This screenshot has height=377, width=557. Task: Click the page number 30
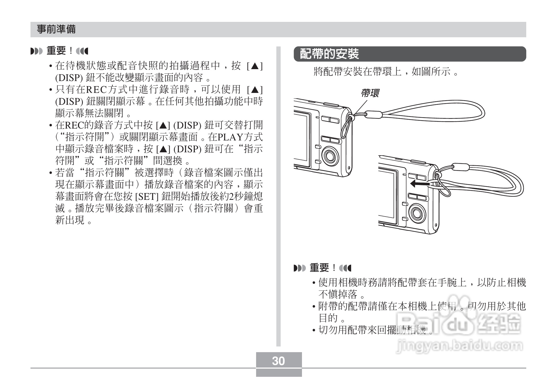278,361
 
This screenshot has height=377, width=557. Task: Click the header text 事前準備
56,29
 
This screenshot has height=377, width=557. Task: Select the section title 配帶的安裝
330,54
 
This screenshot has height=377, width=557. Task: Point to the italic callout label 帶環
370,93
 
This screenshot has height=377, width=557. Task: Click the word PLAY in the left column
230,137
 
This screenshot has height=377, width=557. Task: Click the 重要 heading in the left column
56,51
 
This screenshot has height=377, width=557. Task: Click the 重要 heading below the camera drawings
320,268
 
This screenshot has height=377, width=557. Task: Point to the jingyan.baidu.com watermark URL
459,346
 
